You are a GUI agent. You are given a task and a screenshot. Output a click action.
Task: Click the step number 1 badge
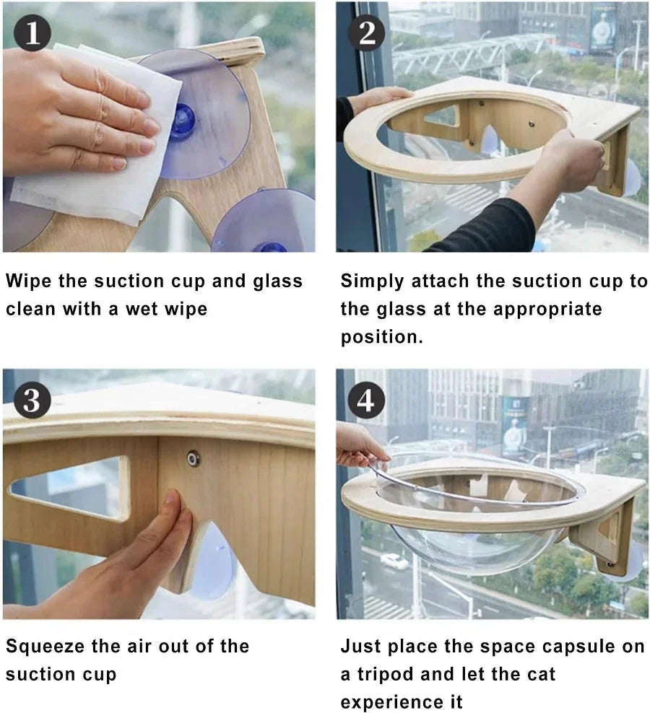pyautogui.click(x=32, y=32)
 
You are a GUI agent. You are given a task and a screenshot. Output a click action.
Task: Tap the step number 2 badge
pyautogui.click(x=366, y=32)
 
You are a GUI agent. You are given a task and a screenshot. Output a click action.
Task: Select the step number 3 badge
pyautogui.click(x=32, y=400)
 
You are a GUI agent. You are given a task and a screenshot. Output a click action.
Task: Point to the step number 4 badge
pyautogui.click(x=366, y=401)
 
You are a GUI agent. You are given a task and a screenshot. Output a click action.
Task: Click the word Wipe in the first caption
pyautogui.click(x=28, y=281)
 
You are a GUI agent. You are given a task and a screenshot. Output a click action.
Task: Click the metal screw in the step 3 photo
pyautogui.click(x=194, y=458)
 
